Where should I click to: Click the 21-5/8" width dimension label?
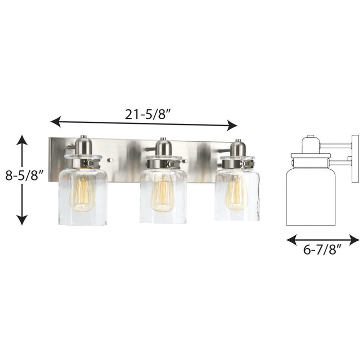click(x=145, y=114)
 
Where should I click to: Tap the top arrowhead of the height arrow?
click(x=21, y=139)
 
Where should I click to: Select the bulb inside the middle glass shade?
click(x=163, y=192)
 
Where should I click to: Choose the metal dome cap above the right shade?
click(x=238, y=148)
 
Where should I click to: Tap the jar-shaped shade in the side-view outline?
click(x=311, y=195)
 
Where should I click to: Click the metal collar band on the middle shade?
click(x=163, y=164)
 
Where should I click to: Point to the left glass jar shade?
click(x=83, y=195)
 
